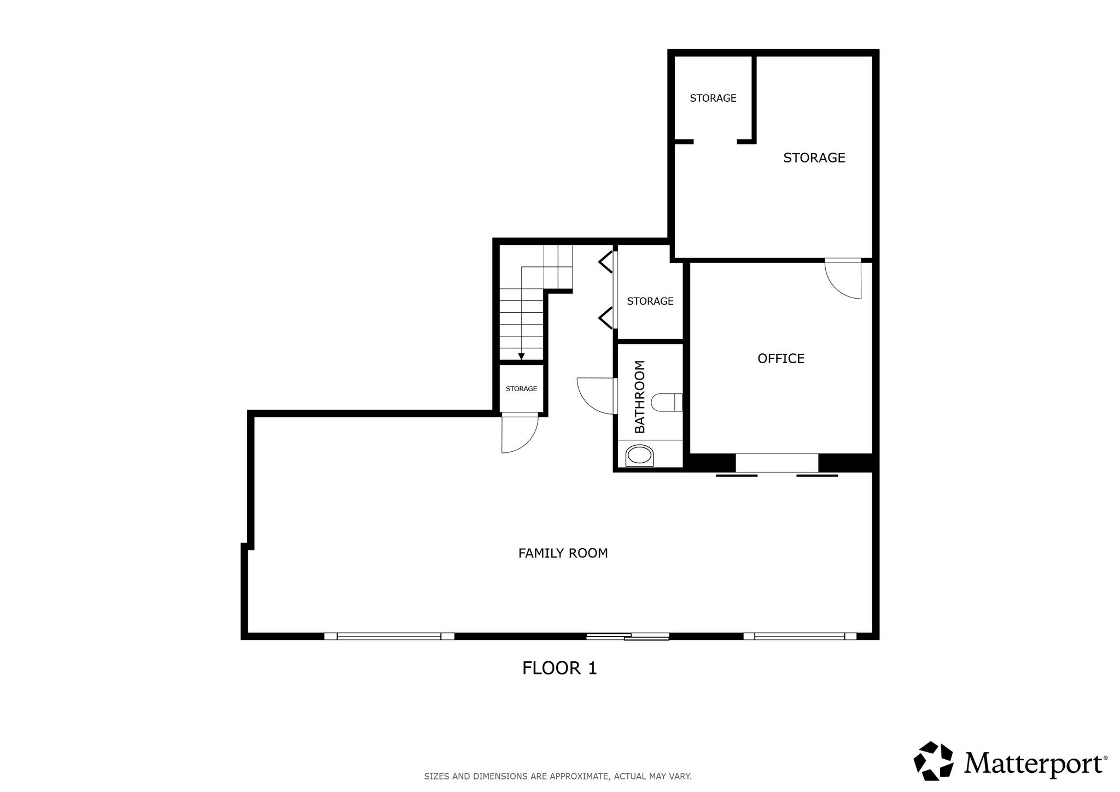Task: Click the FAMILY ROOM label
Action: pyautogui.click(x=563, y=553)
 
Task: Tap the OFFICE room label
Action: pyautogui.click(x=781, y=358)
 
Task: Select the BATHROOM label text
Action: pyautogui.click(x=640, y=397)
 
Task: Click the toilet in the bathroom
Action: pyautogui.click(x=667, y=403)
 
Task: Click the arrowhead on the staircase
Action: pyautogui.click(x=521, y=357)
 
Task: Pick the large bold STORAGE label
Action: pyautogui.click(x=814, y=158)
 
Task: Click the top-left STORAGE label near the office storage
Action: pyautogui.click(x=713, y=98)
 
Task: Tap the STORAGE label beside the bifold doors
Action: pyautogui.click(x=650, y=301)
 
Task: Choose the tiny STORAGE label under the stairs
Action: pyautogui.click(x=521, y=389)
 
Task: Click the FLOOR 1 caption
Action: pyautogui.click(x=559, y=668)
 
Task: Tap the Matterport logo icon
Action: pyautogui.click(x=934, y=761)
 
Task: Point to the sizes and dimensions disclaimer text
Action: pyautogui.click(x=558, y=776)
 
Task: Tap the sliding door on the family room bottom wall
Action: pyautogui.click(x=628, y=636)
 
